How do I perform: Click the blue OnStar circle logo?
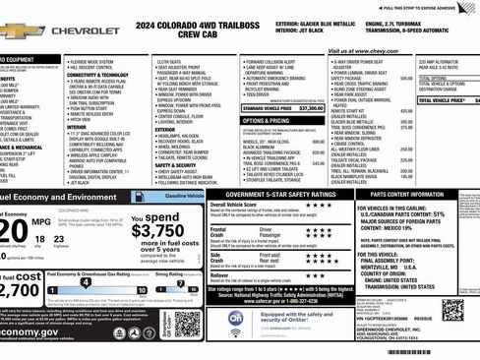pos(236,321)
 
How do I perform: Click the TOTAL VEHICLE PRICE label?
pos(442,100)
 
